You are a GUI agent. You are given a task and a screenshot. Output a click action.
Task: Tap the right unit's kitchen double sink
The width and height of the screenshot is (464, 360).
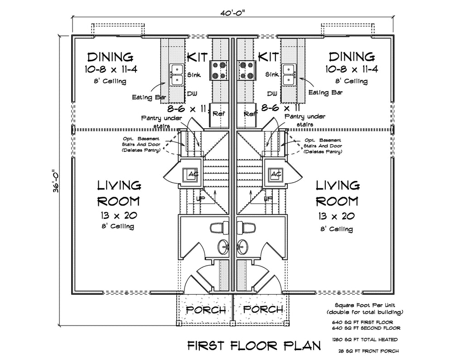point(288,74)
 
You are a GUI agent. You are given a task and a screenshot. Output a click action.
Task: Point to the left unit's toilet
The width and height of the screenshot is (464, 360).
point(221,227)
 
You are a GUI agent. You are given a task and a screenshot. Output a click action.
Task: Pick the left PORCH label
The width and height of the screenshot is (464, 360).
point(206,310)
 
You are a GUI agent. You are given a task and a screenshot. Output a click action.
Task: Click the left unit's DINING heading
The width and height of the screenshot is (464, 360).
point(110,57)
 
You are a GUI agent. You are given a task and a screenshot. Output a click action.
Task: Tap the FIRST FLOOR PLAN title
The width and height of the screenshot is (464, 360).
point(254,345)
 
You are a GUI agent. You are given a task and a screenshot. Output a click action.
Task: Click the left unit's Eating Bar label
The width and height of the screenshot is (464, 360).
point(149,97)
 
